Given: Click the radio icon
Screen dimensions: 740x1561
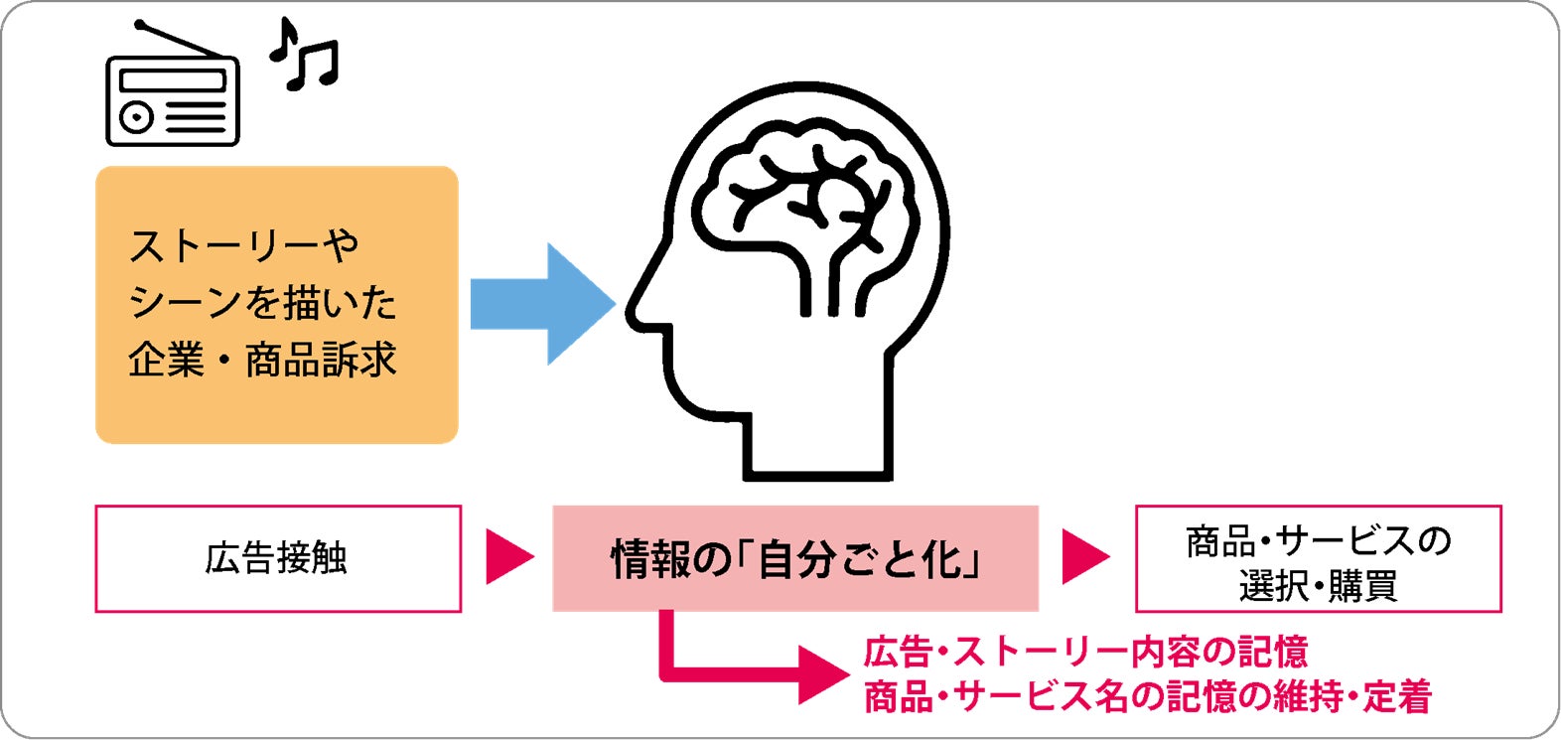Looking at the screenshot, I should [172, 99].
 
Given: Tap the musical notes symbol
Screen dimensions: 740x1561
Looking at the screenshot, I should [305, 56].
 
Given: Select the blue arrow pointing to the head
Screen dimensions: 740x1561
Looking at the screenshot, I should [541, 303].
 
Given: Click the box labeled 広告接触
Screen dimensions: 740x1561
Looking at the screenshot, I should [277, 558].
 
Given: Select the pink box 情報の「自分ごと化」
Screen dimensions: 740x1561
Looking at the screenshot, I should [794, 558].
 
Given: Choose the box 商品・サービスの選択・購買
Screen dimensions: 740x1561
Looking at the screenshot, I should [1318, 559].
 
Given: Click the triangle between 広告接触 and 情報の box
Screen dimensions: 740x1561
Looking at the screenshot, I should [507, 557].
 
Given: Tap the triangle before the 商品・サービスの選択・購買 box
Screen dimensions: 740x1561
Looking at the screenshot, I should [1083, 557].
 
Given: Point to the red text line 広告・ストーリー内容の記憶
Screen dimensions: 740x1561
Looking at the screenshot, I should [1085, 653].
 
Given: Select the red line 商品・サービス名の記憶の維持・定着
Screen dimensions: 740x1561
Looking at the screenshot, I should [1147, 696].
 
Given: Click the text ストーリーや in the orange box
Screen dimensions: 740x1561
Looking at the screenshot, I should [244, 245].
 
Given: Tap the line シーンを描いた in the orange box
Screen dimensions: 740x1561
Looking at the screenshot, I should [262, 302].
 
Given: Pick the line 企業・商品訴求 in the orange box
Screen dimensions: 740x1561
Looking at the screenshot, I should [262, 360].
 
